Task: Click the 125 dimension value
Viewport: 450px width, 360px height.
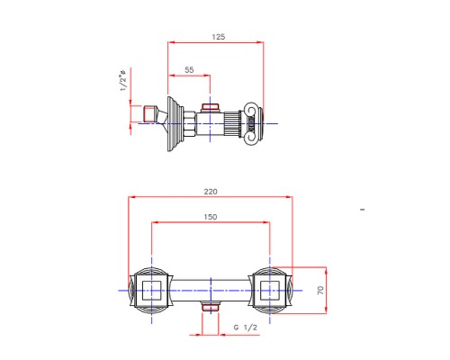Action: point(218,37)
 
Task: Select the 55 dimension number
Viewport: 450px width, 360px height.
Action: point(189,69)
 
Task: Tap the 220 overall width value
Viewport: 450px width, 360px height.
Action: point(211,191)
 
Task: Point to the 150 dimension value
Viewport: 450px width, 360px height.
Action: point(211,217)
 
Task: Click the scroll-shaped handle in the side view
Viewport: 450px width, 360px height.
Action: point(254,121)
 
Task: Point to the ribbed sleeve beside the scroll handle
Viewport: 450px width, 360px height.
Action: point(236,121)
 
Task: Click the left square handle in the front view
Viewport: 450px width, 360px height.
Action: point(150,290)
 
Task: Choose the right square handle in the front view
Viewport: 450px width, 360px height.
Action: point(270,290)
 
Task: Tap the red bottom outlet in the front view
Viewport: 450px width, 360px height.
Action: point(211,308)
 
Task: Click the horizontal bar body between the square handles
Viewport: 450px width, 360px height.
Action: point(211,290)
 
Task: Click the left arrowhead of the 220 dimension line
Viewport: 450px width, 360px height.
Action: point(131,196)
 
